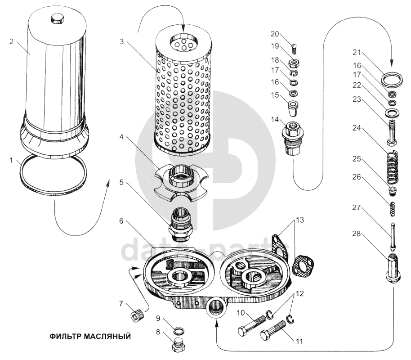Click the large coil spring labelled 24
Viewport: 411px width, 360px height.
point(392,168)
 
